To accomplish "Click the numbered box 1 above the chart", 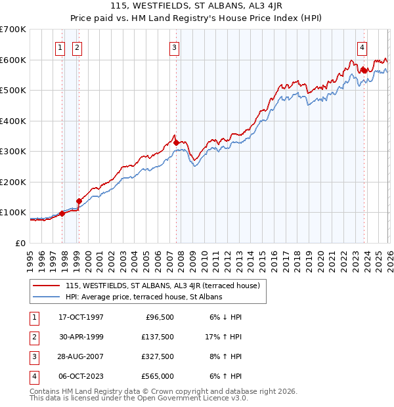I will pos(60,47).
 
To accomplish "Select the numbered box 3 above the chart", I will pos(174,47).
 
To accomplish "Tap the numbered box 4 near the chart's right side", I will pos(362,47).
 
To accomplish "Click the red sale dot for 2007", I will pos(176,142).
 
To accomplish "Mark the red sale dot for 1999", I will pos(79,201).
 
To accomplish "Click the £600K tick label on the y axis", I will pos(12,60).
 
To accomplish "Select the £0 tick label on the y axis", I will pos(20,243).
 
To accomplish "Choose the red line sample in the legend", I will pos(47,286).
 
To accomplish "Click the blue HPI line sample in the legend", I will pos(47,297).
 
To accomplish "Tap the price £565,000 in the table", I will pos(158,376).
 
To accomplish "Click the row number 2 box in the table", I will pos(32,337).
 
